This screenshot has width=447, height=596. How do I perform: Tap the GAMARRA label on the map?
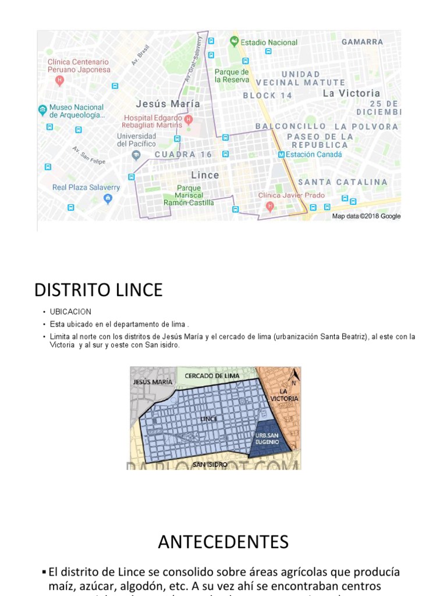[362, 42]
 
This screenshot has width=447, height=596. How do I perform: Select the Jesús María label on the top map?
[168, 104]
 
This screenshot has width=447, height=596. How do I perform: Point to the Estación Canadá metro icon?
[282, 155]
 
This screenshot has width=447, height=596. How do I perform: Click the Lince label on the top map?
[205, 175]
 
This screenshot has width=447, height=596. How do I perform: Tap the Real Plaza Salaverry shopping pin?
[108, 199]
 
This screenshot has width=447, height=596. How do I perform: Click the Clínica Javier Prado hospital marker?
[269, 206]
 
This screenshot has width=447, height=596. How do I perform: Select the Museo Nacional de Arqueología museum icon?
[42, 109]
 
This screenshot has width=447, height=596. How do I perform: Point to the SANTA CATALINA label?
[342, 182]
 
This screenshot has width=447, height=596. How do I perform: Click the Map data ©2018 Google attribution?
[366, 216]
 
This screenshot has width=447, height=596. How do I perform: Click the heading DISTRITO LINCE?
[98, 290]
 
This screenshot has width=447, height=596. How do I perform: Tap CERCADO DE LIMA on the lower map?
[212, 376]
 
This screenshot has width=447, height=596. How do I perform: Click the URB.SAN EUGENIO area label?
[267, 439]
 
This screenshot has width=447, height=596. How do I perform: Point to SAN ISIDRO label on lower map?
[210, 464]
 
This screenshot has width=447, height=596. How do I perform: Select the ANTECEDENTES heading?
[223, 542]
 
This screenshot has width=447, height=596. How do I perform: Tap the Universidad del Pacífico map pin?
[136, 155]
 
